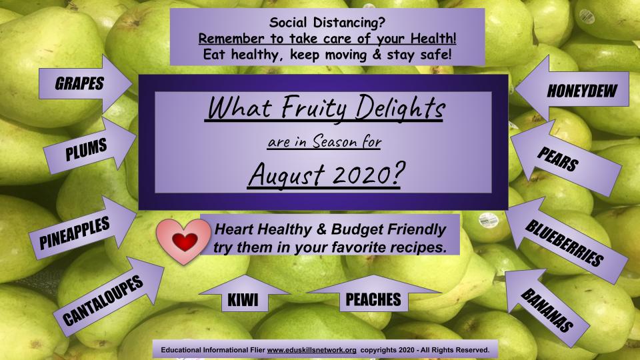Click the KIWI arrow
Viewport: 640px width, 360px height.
click(244, 294)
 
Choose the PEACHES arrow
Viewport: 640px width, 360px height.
click(373, 294)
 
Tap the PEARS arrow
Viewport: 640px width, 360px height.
click(565, 157)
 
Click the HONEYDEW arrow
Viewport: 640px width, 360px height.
click(571, 89)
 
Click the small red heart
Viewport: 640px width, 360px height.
click(185, 241)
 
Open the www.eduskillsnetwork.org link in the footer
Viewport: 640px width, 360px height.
click(312, 350)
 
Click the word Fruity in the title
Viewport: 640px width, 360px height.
click(313, 108)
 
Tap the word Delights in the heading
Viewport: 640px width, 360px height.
click(400, 108)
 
